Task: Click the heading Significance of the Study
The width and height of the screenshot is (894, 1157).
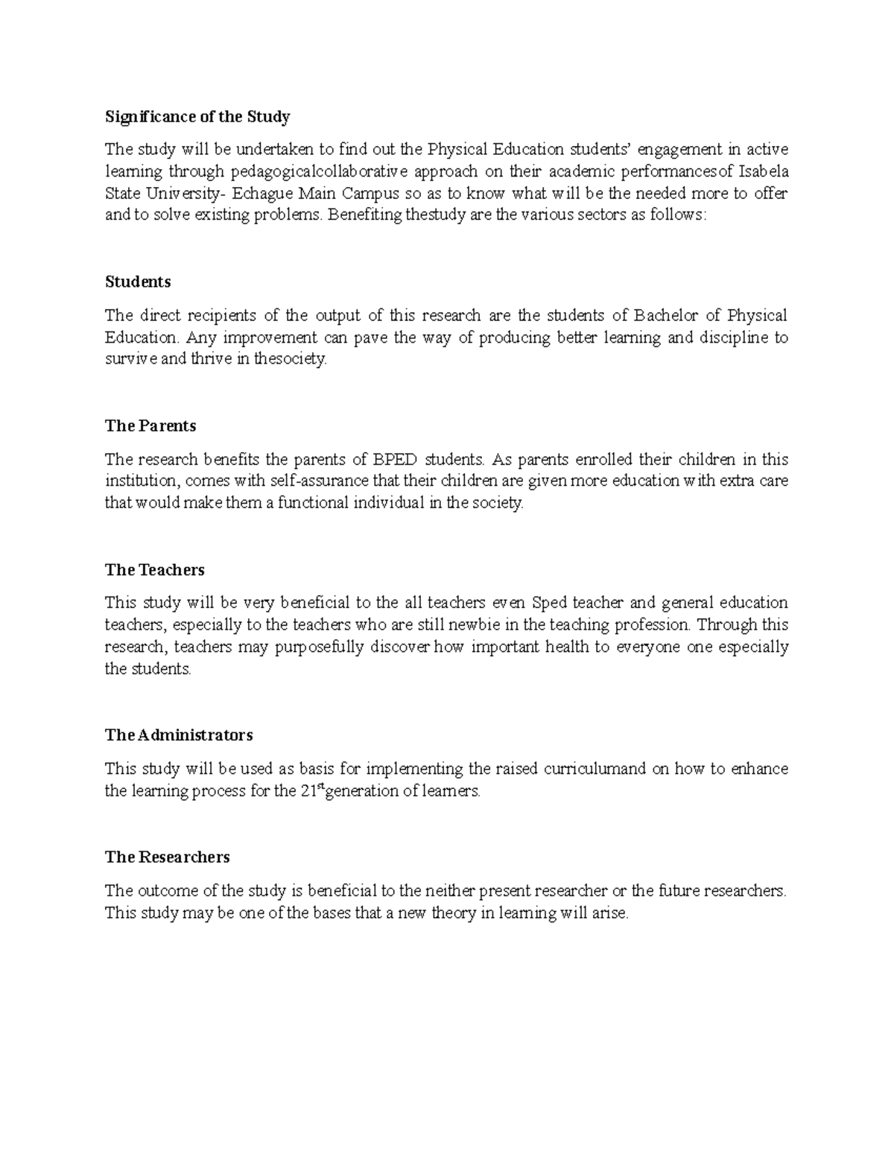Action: click(197, 117)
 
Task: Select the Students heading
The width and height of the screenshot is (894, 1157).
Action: click(138, 282)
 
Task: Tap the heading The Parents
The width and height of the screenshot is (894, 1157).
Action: click(150, 426)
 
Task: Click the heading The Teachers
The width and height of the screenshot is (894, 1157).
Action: click(154, 570)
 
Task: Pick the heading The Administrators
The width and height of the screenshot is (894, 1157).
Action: click(179, 735)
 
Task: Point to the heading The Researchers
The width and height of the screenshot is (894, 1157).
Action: click(167, 858)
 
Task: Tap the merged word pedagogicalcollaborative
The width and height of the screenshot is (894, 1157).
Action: click(319, 172)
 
